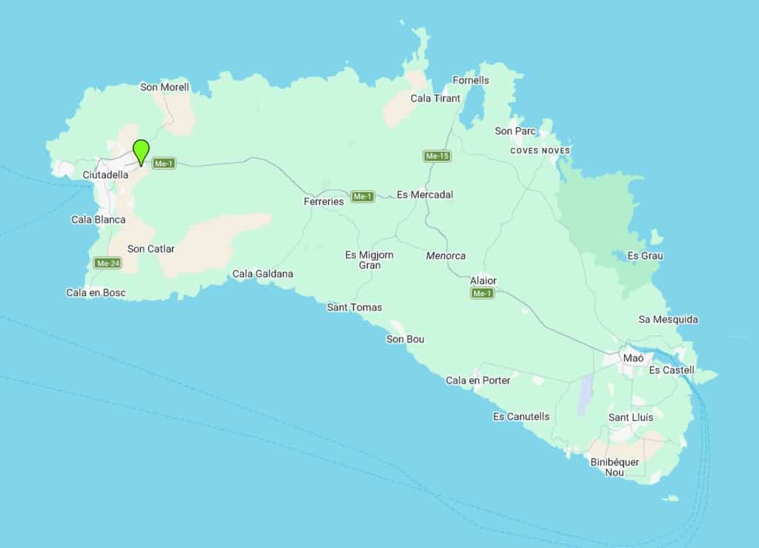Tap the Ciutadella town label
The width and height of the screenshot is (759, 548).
coord(105,176)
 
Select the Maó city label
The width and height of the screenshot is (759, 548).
coord(633,358)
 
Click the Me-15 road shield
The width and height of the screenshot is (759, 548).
coord(437,156)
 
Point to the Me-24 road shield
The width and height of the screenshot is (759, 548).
coord(108,263)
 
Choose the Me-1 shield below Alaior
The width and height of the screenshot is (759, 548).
coord(482,294)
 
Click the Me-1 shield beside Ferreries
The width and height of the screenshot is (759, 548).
coord(362,196)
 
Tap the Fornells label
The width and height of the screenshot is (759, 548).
coord(471,80)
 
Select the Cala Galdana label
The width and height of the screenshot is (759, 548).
coord(262,274)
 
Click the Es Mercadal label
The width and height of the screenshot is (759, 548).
coord(425,195)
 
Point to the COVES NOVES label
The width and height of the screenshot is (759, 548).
coord(540,151)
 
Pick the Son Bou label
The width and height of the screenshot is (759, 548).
coord(405,339)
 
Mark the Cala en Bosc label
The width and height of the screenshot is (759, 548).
coord(96,293)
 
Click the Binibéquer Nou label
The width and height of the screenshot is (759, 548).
coord(614,467)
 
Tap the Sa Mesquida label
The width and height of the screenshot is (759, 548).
coord(668,319)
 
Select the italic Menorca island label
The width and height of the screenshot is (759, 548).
coord(445,255)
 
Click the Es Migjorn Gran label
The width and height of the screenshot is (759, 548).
coord(369,260)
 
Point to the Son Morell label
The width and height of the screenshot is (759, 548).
coord(165,87)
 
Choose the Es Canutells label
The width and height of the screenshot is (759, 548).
coord(521,416)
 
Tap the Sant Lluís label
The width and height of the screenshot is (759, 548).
coord(631,418)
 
